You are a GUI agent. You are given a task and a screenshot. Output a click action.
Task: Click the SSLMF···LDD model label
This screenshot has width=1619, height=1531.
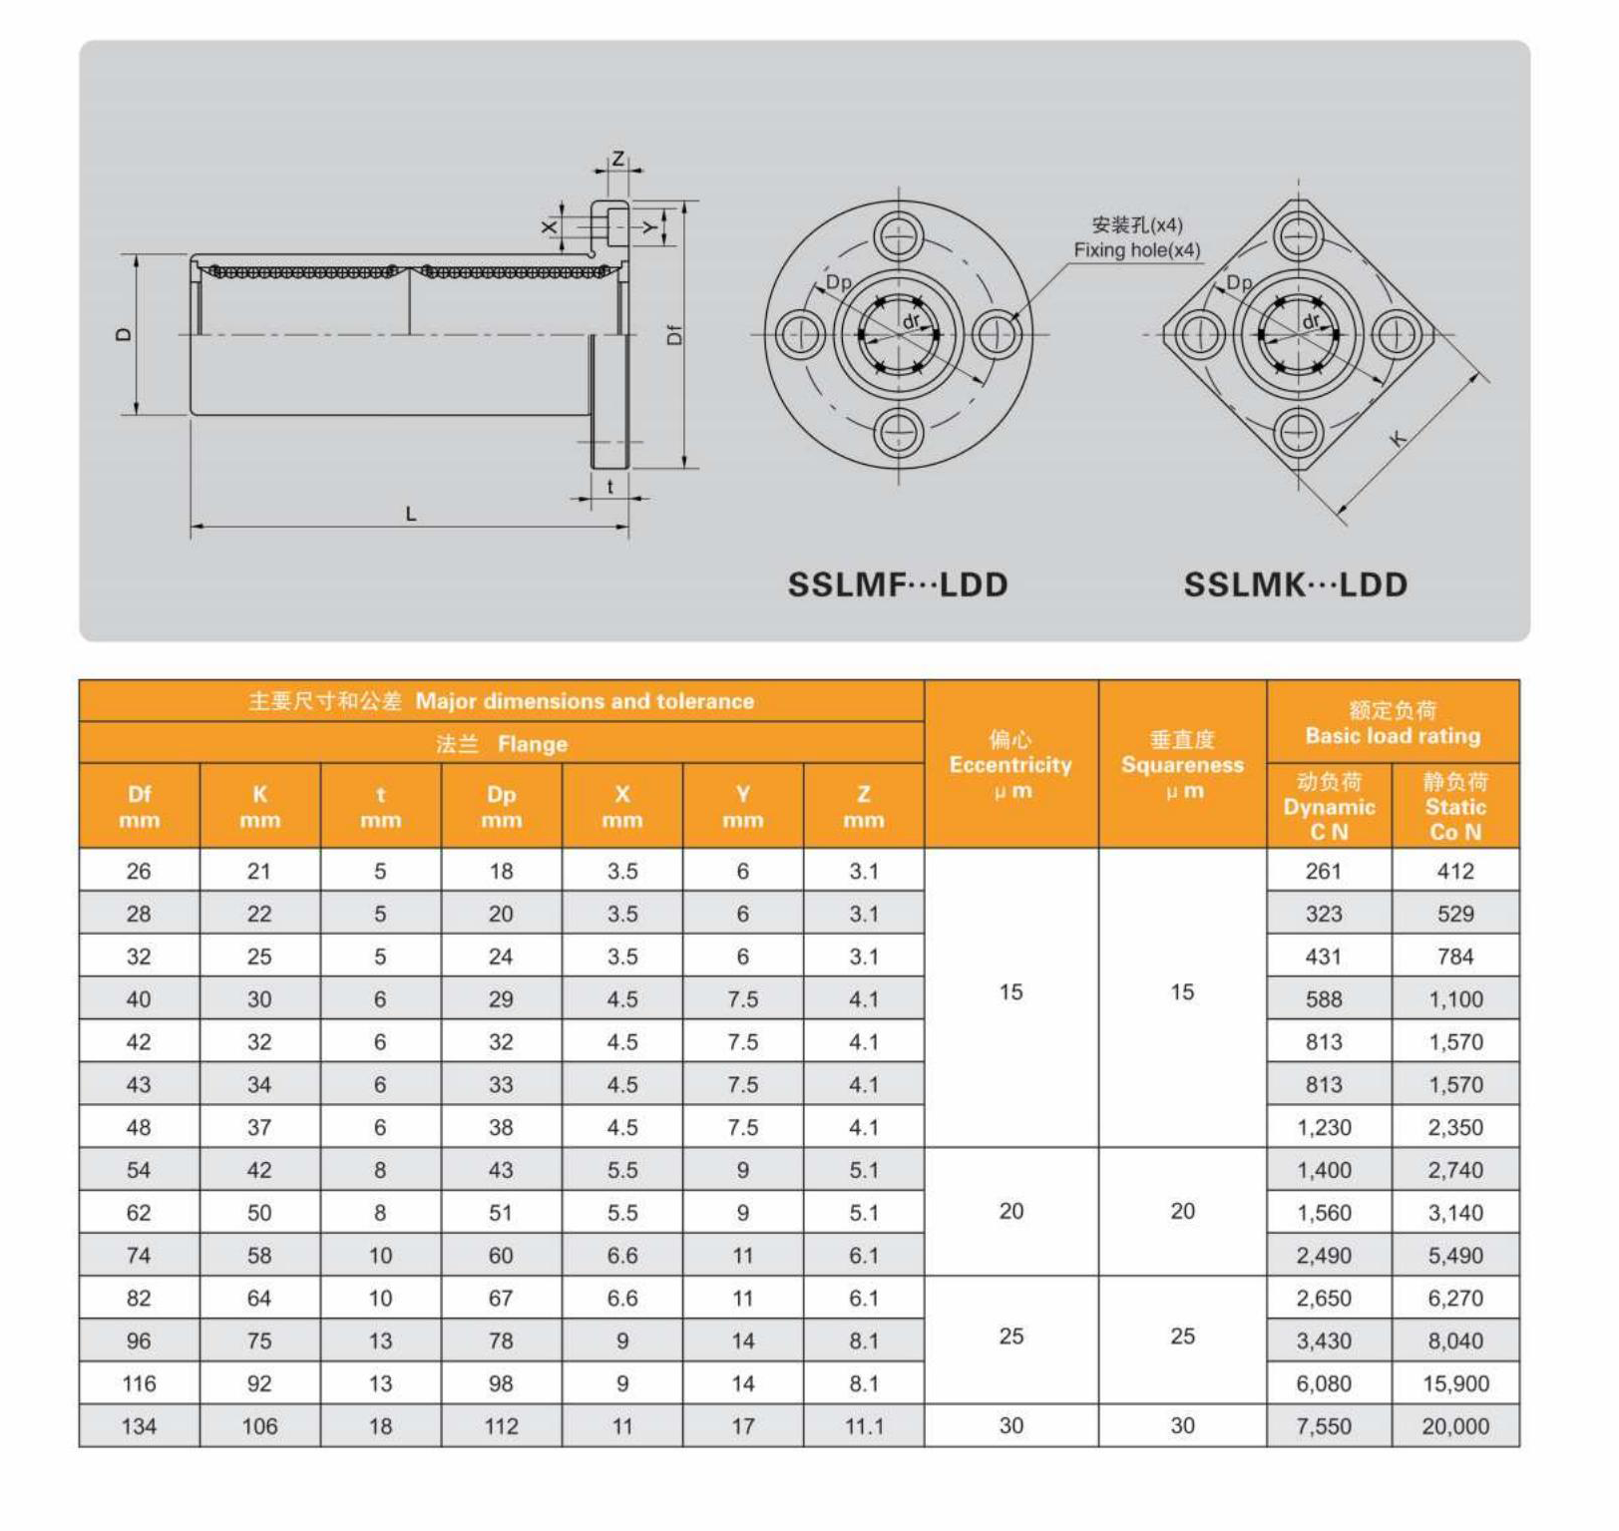pos(897,584)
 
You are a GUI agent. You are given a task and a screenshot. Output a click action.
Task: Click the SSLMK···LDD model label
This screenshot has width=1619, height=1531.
pos(1295,584)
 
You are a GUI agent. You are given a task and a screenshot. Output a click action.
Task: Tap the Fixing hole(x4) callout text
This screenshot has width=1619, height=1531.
pos(1136,250)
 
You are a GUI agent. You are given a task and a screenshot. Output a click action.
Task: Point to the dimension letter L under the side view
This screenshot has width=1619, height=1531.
pos(410,515)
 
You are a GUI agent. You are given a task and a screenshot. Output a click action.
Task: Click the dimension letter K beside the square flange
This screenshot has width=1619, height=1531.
pos(1399,438)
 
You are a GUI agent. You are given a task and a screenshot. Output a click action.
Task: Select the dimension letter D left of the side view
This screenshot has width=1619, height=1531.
pos(124,334)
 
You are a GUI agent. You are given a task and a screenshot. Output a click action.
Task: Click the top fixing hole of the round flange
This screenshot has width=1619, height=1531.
pos(899,237)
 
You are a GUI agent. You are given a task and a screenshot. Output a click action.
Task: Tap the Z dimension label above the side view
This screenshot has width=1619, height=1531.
pos(618,159)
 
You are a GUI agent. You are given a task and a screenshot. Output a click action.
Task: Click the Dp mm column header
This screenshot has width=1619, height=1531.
pos(501,806)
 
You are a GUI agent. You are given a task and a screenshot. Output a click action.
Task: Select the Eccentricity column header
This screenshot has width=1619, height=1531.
pos(1011,765)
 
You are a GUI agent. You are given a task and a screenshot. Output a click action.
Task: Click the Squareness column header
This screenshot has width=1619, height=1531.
pos(1182,765)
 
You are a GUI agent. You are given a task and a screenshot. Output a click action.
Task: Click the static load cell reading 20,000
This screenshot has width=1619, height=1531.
pos(1454,1426)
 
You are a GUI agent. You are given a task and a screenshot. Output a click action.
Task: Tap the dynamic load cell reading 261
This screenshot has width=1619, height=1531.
pos(1323,871)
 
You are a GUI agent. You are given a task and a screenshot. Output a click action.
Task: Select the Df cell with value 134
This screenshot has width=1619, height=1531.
pos(139,1426)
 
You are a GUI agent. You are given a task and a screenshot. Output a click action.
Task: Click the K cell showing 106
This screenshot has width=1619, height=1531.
pos(259,1426)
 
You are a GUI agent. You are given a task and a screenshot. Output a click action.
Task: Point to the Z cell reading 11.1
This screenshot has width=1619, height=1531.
pos(864,1426)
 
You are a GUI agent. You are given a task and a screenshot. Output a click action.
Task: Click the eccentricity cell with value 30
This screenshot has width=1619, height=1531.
pos(1011,1425)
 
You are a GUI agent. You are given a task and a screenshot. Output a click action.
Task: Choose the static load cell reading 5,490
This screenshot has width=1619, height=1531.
pos(1454,1256)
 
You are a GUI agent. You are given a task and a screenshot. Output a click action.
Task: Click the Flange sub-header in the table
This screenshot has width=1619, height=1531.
pos(502,744)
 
